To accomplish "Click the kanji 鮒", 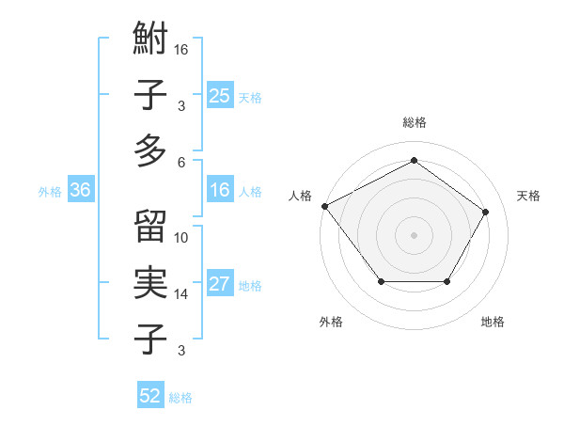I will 150,41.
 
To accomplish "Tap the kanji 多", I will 150,150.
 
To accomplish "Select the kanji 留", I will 150,227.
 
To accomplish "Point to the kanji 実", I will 150,283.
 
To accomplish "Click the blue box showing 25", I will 219,95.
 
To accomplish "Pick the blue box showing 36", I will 80,191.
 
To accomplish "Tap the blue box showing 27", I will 219,285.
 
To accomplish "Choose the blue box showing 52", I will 150,396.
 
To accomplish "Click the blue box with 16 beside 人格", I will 219,191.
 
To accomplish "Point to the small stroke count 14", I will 181,294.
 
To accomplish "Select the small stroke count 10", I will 181,238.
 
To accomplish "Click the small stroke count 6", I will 180,162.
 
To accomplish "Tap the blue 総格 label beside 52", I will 180,398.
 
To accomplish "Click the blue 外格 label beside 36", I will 50,192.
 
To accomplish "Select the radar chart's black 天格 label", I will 529,196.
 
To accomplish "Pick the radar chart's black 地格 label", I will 493,322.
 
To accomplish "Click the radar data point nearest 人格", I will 324,205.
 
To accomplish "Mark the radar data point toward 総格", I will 414,161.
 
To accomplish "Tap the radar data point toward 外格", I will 381,281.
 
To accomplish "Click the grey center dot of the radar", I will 414,234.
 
